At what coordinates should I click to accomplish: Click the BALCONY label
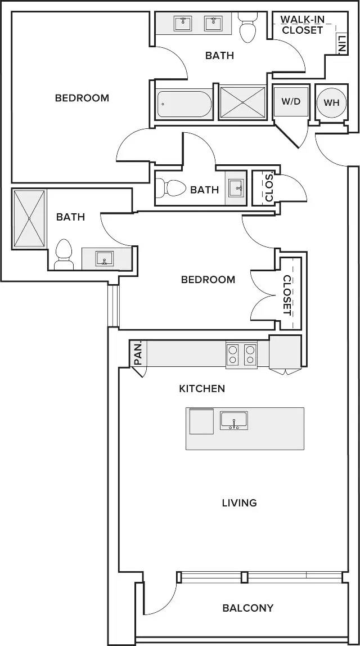click(x=248, y=608)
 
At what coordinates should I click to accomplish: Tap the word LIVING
click(x=239, y=503)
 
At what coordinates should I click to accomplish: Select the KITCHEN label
click(x=202, y=388)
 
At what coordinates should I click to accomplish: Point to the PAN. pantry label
click(x=138, y=353)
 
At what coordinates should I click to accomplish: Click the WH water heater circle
click(x=331, y=102)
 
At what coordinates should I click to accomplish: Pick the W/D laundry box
click(x=291, y=102)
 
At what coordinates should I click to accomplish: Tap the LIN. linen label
click(x=341, y=44)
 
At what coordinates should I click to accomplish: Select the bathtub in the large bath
click(x=184, y=104)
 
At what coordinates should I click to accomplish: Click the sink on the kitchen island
click(x=233, y=421)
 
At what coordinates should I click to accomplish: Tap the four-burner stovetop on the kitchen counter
click(x=241, y=355)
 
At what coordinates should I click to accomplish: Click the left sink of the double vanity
click(x=182, y=23)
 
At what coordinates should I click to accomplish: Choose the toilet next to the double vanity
click(x=248, y=27)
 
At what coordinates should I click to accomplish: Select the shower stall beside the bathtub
click(x=242, y=102)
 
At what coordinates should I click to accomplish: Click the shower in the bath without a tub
click(x=29, y=218)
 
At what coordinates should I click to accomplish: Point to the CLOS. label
click(x=270, y=187)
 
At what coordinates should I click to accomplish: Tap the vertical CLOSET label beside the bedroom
click(x=287, y=295)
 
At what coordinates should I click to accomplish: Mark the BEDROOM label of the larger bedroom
click(x=82, y=98)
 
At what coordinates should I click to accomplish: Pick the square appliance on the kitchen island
click(x=201, y=421)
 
